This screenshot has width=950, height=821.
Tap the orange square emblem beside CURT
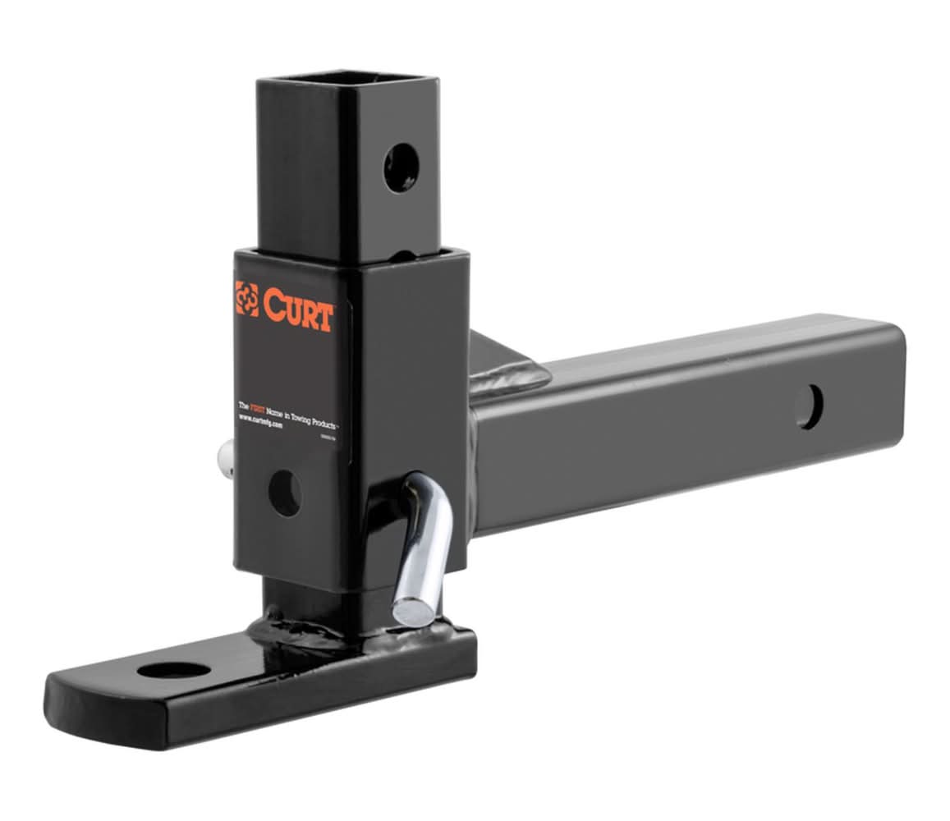click(246, 299)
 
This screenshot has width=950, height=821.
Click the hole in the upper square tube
click(402, 168)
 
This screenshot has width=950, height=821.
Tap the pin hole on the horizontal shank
click(808, 406)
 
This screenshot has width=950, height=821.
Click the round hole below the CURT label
click(285, 493)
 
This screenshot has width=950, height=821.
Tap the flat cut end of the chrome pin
click(406, 612)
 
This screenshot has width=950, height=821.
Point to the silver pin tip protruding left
click(223, 454)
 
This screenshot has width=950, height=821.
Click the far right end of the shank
click(899, 402)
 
